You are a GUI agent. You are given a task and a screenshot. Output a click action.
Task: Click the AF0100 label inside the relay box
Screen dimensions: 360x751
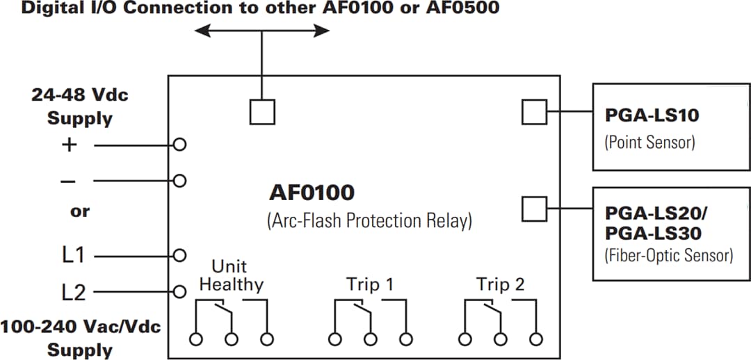pyautogui.click(x=312, y=193)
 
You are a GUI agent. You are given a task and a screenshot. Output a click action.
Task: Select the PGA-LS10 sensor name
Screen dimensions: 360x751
pyautogui.click(x=652, y=115)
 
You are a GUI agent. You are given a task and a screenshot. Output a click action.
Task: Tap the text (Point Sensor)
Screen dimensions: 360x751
pyautogui.click(x=649, y=142)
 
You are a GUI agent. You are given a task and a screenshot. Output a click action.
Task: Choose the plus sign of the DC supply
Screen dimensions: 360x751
pyautogui.click(x=69, y=146)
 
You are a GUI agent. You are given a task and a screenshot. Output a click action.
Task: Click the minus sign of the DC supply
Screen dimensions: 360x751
pyautogui.click(x=69, y=181)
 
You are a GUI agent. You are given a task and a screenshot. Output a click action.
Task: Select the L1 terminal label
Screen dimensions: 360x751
pyautogui.click(x=73, y=255)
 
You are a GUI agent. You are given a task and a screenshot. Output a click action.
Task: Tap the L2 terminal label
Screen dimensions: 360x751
pyautogui.click(x=73, y=292)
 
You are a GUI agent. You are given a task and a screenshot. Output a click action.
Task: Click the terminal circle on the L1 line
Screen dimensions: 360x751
pyautogui.click(x=179, y=255)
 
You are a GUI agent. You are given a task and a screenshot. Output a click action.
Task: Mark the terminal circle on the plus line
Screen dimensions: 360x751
pyautogui.click(x=179, y=145)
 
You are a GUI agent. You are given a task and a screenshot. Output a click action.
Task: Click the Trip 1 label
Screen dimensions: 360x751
pyautogui.click(x=370, y=284)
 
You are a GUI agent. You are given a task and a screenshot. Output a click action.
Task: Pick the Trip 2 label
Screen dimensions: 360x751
pyautogui.click(x=500, y=284)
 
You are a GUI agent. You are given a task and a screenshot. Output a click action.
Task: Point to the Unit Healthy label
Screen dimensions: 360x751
pyautogui.click(x=231, y=276)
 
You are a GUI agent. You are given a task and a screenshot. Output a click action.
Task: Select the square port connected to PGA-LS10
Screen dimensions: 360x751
pyautogui.click(x=534, y=111)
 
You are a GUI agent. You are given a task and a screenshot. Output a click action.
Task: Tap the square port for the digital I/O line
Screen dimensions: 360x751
pyautogui.click(x=261, y=111)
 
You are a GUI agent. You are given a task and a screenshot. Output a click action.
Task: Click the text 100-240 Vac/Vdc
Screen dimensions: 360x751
pyautogui.click(x=80, y=327)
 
